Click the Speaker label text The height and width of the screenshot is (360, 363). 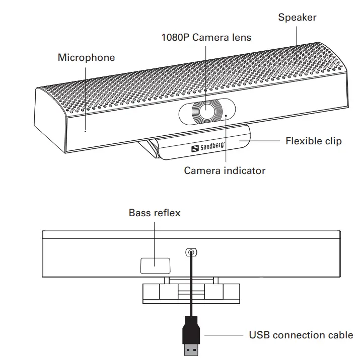pyautogui.click(x=297, y=18)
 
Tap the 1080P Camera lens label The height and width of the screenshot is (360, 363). pyautogui.click(x=206, y=37)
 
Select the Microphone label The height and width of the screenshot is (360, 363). pyautogui.click(x=86, y=57)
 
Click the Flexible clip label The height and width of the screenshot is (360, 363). pyautogui.click(x=313, y=141)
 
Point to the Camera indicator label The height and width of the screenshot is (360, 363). pyautogui.click(x=225, y=170)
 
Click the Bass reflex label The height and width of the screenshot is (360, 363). pyautogui.click(x=155, y=213)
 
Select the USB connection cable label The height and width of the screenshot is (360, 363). pyautogui.click(x=301, y=335)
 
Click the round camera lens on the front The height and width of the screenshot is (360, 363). pyautogui.click(x=206, y=110)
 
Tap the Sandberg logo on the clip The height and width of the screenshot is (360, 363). pyautogui.click(x=208, y=147)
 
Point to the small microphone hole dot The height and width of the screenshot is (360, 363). pyautogui.click(x=85, y=132)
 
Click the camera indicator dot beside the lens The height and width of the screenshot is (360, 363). pyautogui.click(x=226, y=116)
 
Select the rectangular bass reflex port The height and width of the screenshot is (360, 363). pyautogui.click(x=155, y=265)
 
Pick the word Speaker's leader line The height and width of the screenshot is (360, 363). pyautogui.click(x=296, y=40)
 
